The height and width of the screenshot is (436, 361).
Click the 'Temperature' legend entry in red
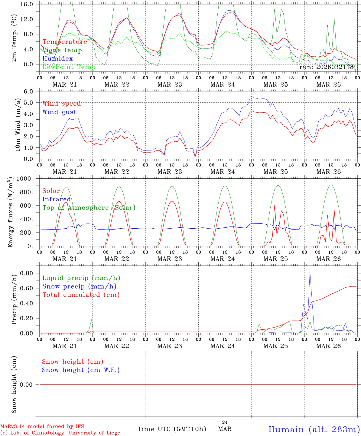(x=65, y=42)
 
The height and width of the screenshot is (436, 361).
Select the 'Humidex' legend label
(x=57, y=59)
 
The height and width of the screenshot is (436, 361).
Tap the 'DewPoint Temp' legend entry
(x=69, y=67)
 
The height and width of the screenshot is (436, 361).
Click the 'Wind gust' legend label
(x=59, y=112)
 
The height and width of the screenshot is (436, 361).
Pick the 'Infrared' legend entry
(x=57, y=199)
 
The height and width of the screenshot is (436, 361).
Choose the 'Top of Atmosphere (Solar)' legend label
(x=89, y=208)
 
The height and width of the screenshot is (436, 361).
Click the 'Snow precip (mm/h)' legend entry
(x=79, y=286)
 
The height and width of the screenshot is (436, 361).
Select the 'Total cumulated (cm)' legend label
(x=81, y=295)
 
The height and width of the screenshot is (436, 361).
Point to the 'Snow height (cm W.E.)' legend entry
(x=81, y=370)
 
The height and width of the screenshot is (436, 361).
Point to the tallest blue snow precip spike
(x=310, y=272)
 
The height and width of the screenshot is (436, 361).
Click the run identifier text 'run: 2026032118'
(x=327, y=67)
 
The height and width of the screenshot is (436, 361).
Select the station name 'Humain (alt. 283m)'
(x=314, y=429)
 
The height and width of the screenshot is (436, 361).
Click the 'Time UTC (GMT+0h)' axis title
(x=172, y=429)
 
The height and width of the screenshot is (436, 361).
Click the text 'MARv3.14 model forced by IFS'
(x=42, y=427)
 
